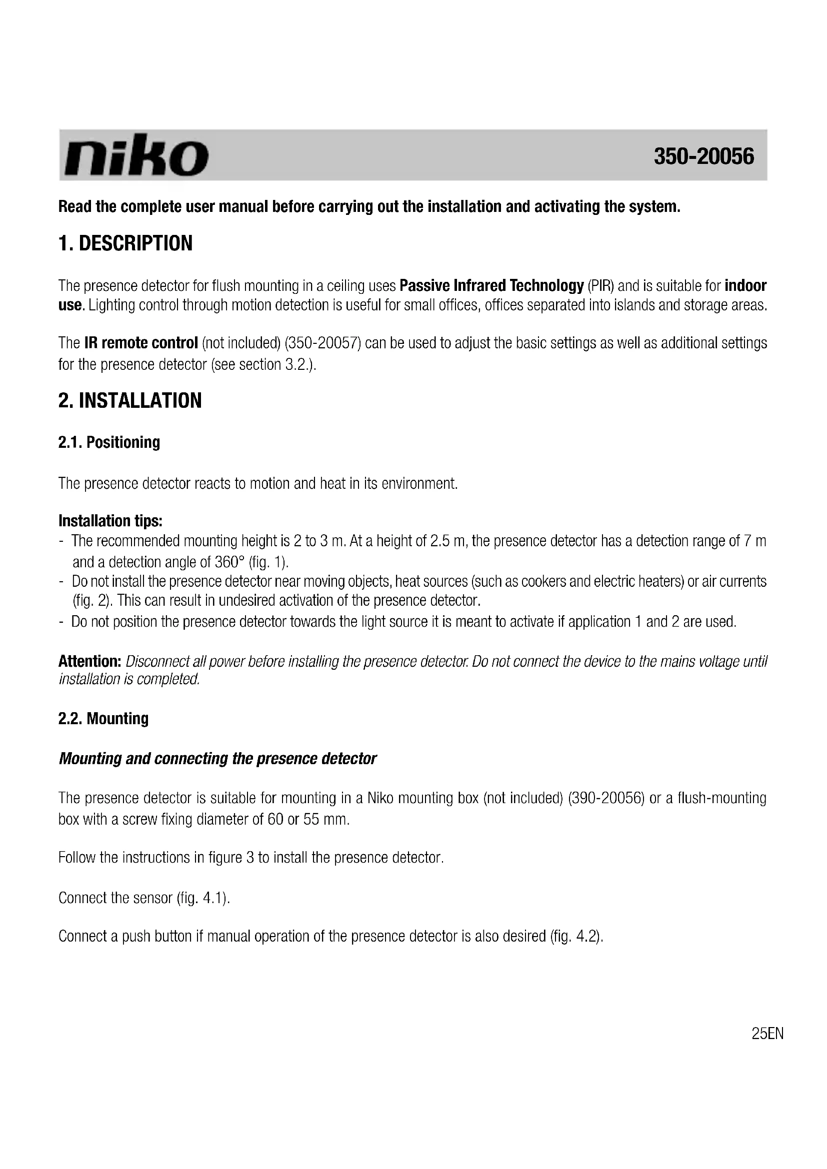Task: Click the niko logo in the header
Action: (135, 155)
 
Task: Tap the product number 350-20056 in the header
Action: (703, 156)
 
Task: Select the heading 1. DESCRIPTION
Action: (125, 243)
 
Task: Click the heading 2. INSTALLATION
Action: (130, 401)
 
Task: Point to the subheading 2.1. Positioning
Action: (109, 442)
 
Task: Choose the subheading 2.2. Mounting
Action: (103, 718)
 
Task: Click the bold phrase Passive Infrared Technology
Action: (491, 286)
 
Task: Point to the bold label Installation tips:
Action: (110, 521)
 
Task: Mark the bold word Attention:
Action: (89, 661)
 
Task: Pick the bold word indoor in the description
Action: (745, 286)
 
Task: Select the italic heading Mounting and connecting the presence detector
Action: (217, 759)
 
